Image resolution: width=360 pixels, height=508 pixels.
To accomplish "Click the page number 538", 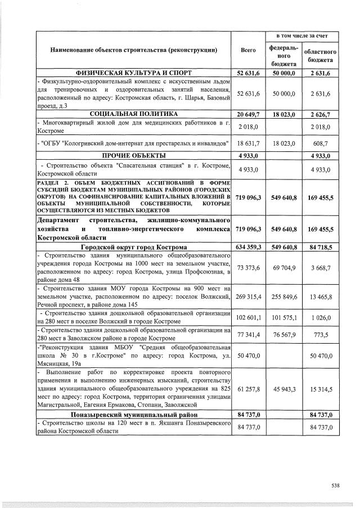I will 336,484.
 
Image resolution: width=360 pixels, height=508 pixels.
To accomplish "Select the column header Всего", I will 248,50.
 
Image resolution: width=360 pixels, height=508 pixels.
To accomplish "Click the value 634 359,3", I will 248,248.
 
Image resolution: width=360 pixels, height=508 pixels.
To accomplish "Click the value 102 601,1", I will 248,318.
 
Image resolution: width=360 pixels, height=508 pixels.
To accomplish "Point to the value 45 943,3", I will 284,388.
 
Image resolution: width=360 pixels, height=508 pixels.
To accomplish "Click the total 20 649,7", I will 248,114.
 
